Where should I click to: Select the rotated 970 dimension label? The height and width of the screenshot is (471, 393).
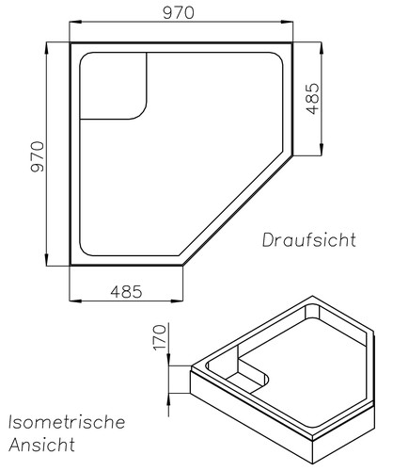tap(39, 156)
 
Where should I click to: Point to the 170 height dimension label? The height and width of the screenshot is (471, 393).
tap(159, 337)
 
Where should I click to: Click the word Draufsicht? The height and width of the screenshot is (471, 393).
tap(309, 239)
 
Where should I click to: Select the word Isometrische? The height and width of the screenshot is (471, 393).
tap(66, 421)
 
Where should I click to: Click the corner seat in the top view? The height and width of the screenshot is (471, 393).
tap(114, 88)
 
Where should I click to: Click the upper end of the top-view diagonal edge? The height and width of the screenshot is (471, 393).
tap(294, 155)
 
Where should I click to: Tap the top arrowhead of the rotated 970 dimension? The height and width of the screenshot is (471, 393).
tap(47, 45)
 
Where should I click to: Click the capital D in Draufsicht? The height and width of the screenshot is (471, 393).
tap(268, 239)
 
